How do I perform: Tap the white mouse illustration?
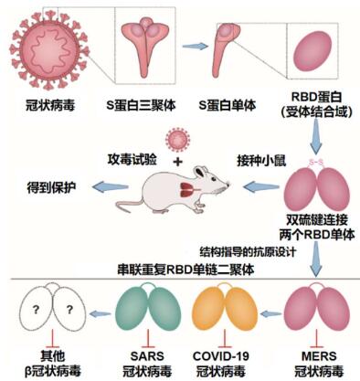(x=182, y=188)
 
